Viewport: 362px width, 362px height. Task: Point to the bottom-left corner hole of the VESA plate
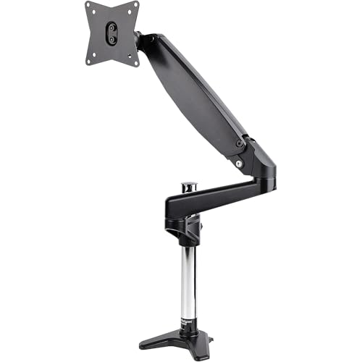88,61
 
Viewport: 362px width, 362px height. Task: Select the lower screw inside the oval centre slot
111,39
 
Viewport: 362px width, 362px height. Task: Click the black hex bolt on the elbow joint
239,143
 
